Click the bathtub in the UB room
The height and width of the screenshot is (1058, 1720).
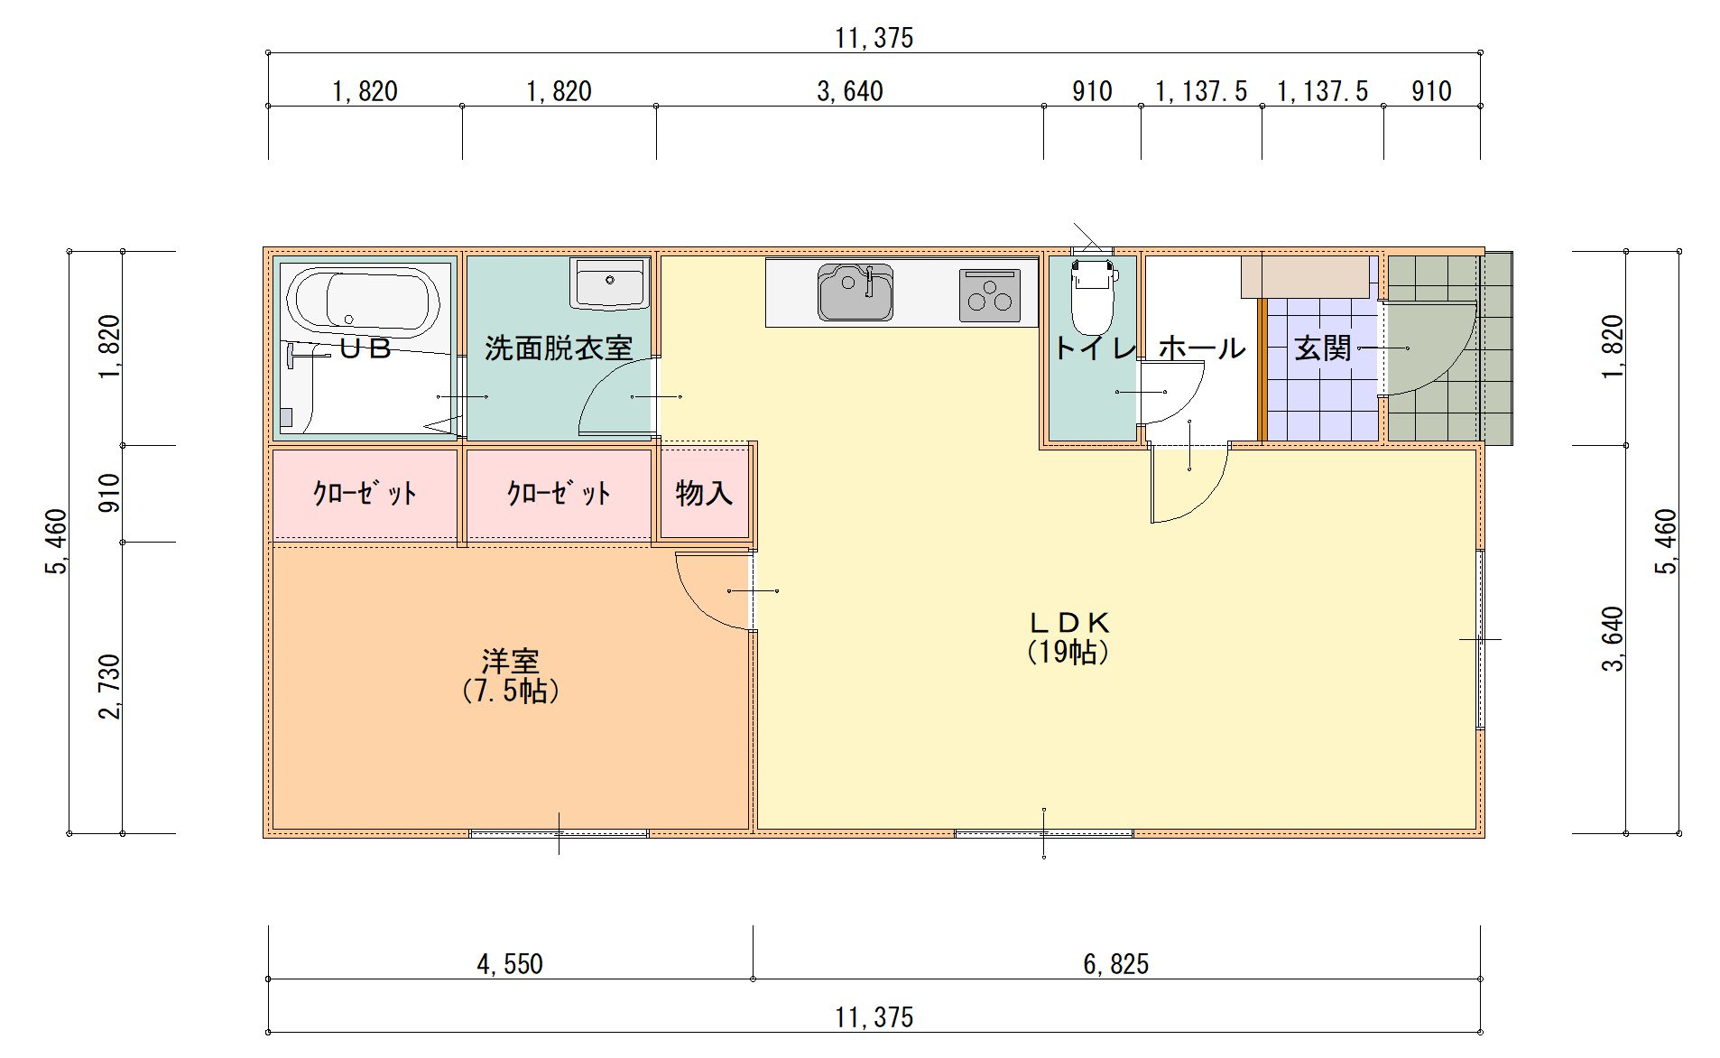363,301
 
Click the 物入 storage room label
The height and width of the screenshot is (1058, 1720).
704,493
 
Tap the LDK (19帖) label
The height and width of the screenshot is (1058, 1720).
1068,636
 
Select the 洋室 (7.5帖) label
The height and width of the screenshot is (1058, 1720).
511,676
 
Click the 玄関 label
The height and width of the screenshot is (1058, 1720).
1323,348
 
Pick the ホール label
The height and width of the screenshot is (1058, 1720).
1201,348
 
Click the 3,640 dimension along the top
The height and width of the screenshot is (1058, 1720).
849,91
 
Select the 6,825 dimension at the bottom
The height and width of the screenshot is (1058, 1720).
1115,964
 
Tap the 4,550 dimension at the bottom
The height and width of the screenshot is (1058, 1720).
510,964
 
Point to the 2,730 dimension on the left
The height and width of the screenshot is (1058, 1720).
109,688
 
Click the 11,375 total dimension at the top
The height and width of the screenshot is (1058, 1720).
874,38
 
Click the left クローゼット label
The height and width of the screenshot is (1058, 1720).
365,494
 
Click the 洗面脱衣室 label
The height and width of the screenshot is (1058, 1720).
559,348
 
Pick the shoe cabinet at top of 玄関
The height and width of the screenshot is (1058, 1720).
1306,277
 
